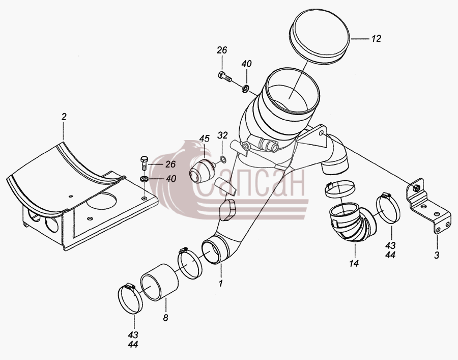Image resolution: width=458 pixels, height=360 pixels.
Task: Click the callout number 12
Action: point(377,39)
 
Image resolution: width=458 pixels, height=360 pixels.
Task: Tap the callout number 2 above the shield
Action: point(64,117)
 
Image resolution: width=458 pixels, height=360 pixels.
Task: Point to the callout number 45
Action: point(205,139)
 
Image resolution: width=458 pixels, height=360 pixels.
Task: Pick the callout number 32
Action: point(222,135)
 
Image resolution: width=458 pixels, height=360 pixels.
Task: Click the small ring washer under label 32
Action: point(222,159)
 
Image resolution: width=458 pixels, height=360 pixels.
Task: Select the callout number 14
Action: point(354,264)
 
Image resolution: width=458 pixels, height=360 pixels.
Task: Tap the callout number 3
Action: point(437,255)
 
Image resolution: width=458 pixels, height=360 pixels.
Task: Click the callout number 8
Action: point(165,318)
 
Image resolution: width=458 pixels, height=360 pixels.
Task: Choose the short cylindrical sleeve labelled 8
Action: point(159,282)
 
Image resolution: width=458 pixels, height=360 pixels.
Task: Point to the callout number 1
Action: point(221,284)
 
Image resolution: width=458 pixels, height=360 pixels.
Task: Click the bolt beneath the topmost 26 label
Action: point(224,76)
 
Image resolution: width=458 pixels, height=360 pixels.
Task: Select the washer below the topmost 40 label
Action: point(245,88)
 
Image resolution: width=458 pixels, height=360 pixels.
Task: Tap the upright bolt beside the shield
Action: point(145,163)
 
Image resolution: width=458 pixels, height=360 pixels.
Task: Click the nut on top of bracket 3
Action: point(416,187)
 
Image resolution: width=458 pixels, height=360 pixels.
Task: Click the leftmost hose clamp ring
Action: point(130,299)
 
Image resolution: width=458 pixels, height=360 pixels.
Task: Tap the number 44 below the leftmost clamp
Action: point(133,345)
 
